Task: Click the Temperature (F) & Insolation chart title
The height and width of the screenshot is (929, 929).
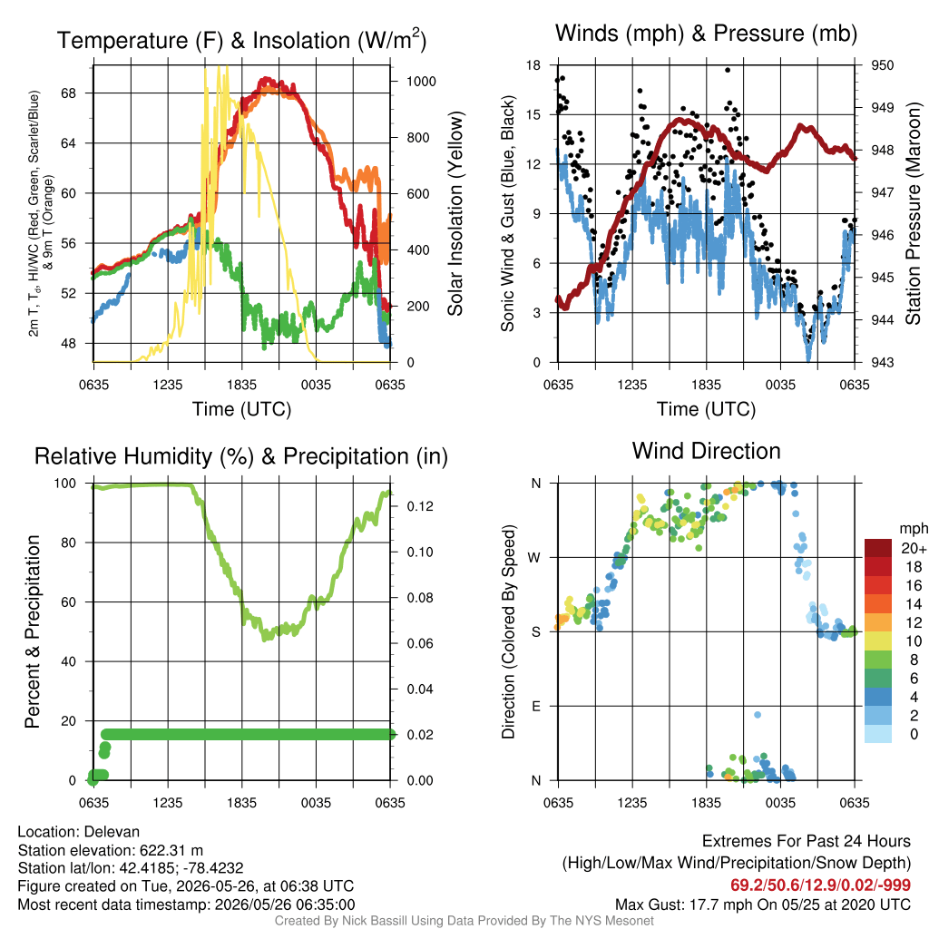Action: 241,40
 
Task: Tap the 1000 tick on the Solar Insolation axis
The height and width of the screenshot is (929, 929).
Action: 421,81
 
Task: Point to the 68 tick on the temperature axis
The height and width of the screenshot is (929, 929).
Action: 68,93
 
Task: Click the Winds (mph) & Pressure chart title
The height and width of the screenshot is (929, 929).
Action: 706,34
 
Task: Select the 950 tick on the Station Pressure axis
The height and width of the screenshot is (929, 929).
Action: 882,65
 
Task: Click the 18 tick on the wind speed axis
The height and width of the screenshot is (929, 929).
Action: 533,65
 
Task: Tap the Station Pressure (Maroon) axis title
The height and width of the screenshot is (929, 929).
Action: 913,213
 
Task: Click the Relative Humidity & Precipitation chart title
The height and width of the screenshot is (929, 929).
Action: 241,456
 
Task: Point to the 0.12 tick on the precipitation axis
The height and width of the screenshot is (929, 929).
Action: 420,506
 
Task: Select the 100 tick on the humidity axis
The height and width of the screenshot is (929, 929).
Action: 65,484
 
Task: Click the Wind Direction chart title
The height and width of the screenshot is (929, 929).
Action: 706,451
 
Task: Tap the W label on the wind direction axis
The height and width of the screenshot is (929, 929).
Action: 534,558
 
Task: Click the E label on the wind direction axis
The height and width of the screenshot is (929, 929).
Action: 536,706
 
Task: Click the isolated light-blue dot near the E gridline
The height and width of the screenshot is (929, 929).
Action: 758,715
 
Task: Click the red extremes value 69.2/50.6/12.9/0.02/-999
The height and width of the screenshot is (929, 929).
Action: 820,885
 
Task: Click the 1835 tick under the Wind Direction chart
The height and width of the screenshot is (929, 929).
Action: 706,803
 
